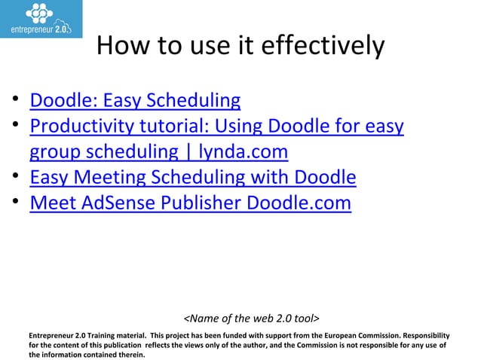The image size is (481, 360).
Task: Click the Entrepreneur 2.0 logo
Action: click(41, 19)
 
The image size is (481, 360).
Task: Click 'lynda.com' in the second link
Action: click(243, 152)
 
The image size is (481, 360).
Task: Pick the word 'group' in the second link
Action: click(57, 152)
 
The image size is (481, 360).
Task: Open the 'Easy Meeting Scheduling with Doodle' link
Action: click(192, 178)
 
